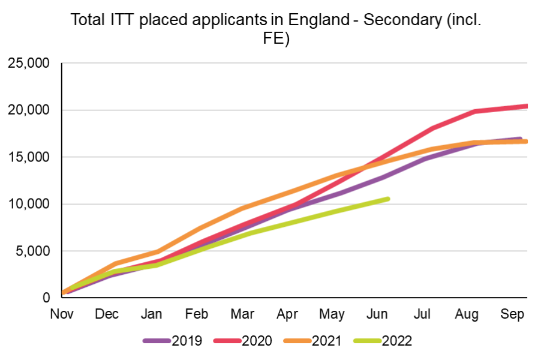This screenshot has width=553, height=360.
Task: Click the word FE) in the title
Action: [x=276, y=40]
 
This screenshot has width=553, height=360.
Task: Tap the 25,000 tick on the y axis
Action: [x=29, y=63]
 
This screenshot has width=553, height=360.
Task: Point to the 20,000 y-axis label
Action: [x=29, y=110]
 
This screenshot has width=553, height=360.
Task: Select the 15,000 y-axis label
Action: [x=29, y=157]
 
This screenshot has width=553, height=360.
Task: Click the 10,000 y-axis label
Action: [x=29, y=204]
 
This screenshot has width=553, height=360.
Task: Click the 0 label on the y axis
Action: [x=46, y=298]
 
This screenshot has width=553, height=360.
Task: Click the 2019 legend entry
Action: [x=187, y=341]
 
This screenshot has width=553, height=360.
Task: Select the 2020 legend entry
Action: [x=257, y=341]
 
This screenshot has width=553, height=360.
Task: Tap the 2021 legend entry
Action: [x=326, y=341]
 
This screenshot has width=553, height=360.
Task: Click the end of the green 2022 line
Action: [x=388, y=199]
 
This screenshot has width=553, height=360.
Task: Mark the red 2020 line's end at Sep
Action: [x=526, y=106]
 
